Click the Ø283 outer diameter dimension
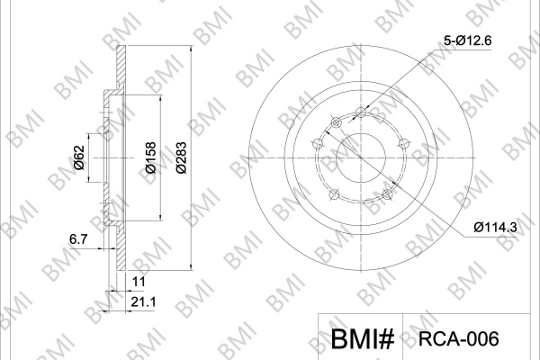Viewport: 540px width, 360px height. click(x=181, y=157)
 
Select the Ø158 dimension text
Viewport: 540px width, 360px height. click(x=151, y=157)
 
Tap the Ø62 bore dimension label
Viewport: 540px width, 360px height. click(x=79, y=157)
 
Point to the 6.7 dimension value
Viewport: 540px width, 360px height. click(x=79, y=238)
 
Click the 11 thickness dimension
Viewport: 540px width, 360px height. click(x=139, y=282)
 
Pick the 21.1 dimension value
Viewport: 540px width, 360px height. click(x=143, y=302)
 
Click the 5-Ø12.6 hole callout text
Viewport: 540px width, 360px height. click(x=467, y=41)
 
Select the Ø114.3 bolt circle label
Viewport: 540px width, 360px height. click(x=495, y=227)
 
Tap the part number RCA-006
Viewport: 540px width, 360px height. click(x=458, y=338)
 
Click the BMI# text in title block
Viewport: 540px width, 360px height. click(x=363, y=338)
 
